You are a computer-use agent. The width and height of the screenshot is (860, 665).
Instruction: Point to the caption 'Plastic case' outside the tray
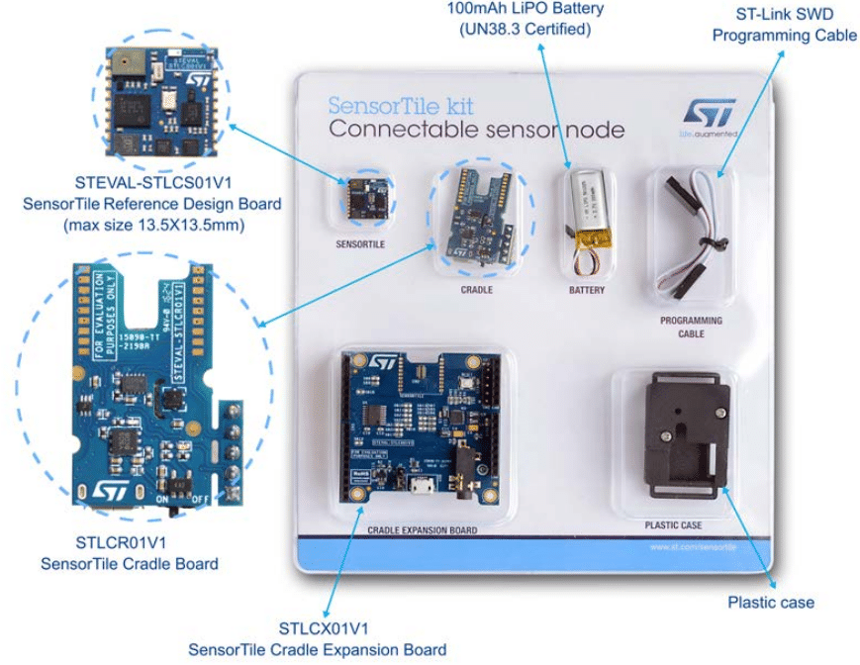click(771, 602)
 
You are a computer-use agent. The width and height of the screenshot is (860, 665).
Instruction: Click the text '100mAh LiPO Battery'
click(525, 10)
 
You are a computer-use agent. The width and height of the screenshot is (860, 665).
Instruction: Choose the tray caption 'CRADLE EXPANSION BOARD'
click(423, 530)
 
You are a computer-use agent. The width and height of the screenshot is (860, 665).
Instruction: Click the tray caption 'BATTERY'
click(586, 291)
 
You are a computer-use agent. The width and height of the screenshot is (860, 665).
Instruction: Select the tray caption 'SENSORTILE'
click(359, 241)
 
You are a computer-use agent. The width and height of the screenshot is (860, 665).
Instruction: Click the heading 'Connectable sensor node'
click(476, 130)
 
